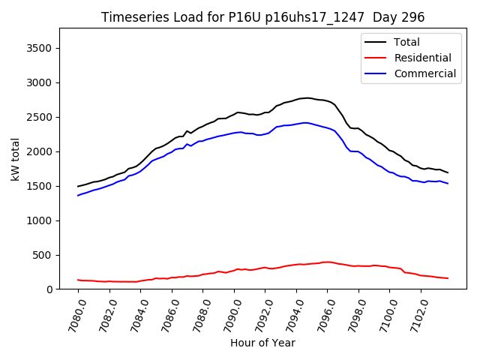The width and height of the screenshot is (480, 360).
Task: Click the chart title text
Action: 262,17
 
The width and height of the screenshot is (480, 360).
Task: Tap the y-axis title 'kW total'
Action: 16,158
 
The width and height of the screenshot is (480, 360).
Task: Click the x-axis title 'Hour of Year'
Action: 262,343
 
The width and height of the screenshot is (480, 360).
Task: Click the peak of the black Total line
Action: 307,97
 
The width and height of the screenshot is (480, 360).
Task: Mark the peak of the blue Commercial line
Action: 304,122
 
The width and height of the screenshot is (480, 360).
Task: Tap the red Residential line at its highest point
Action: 327,262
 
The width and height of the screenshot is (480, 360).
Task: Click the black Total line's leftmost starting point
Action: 78,186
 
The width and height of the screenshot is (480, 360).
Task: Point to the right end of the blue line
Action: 448,184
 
